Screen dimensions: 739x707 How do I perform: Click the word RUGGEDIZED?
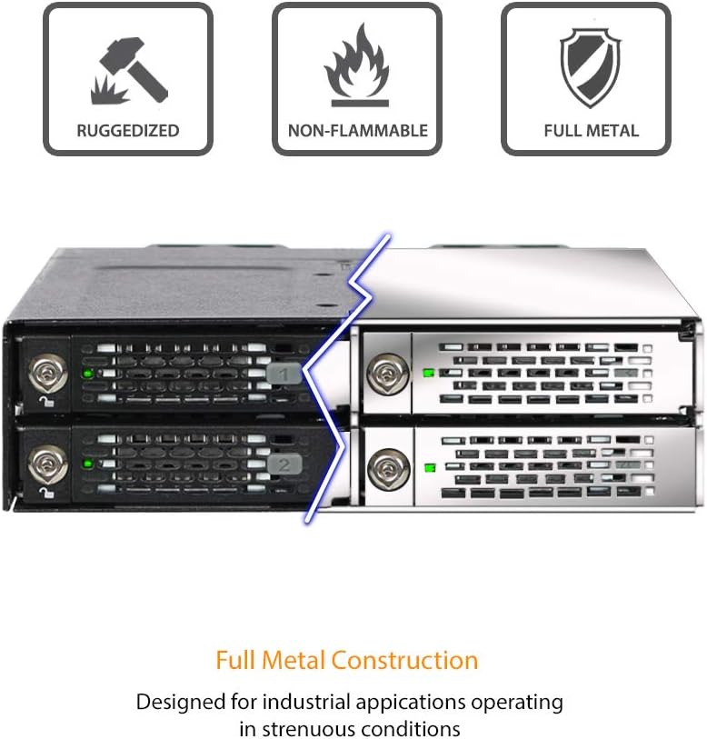(128, 131)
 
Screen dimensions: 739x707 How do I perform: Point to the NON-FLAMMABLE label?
(357, 131)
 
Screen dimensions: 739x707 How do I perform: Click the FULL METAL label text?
(591, 131)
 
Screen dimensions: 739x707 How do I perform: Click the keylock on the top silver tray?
(386, 372)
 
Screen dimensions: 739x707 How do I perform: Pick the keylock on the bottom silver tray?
(386, 467)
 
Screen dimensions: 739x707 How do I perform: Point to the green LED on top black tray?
(87, 373)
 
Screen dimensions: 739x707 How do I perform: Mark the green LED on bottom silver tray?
(429, 468)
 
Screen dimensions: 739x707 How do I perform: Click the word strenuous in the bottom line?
(309, 728)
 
